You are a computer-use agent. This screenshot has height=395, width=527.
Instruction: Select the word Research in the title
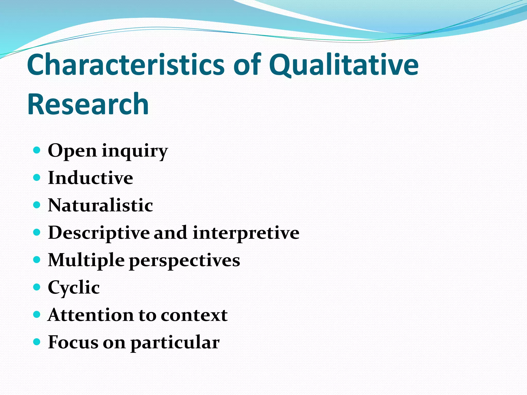coord(88,104)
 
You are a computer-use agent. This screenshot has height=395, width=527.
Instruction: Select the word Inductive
coord(90,178)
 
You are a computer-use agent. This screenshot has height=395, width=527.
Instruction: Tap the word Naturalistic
coord(100,205)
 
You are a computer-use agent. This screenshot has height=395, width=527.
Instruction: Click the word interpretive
coord(246,233)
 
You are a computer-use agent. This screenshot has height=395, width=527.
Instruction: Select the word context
coord(194,315)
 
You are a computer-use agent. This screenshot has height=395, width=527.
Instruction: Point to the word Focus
coord(73,342)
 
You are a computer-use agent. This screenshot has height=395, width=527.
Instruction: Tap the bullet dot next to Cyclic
coord(37,287)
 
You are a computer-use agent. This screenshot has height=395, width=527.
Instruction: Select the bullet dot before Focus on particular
coord(37,342)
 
